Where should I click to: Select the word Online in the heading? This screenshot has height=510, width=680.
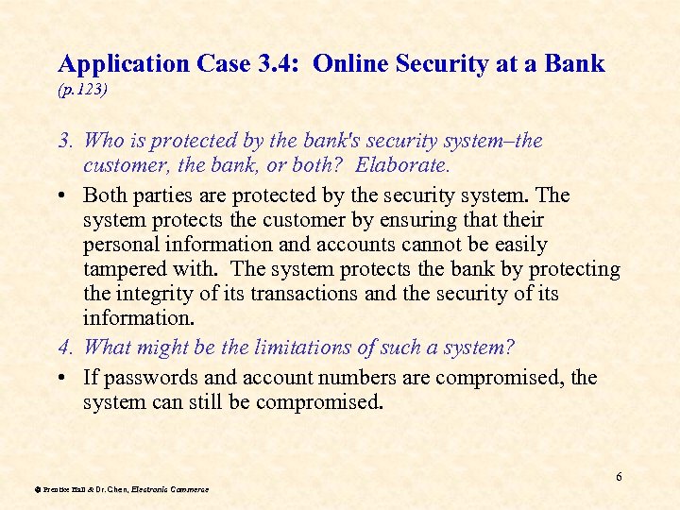(348, 64)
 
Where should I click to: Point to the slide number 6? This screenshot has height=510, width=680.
(619, 477)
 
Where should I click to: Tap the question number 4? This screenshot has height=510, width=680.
(65, 347)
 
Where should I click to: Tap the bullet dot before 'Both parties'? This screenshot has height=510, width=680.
(62, 195)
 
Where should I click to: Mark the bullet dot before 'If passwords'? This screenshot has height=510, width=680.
(62, 378)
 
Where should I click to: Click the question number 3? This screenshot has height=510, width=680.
(65, 141)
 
